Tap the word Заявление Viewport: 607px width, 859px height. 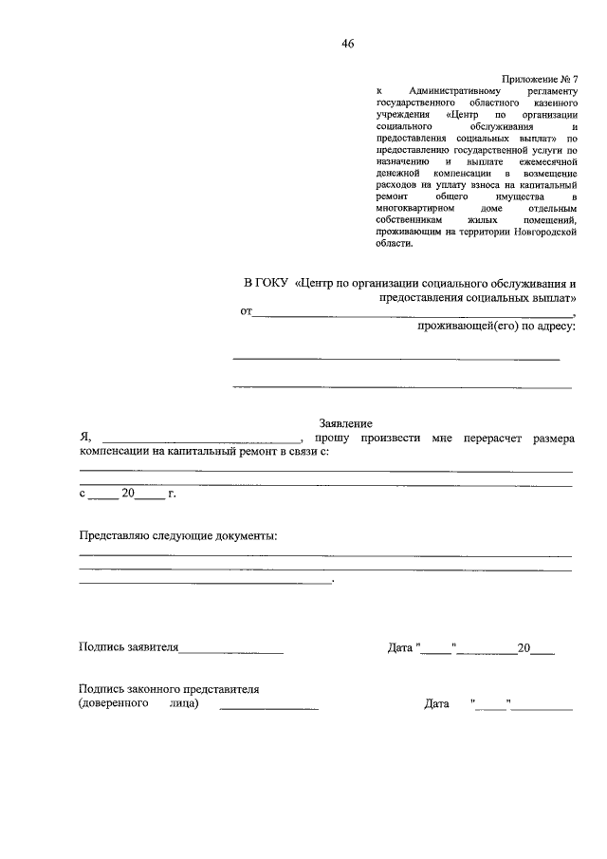(344, 423)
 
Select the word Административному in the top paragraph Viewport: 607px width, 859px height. (453, 89)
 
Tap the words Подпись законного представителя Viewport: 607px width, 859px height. (169, 689)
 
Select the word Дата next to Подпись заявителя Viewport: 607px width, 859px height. (400, 648)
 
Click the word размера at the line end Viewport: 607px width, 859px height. (553, 439)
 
